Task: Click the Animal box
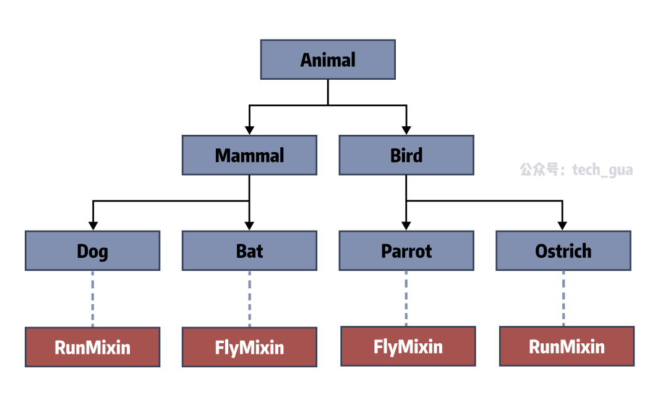pos(328,59)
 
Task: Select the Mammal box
pos(250,155)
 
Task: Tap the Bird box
pos(406,155)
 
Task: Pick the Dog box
pos(92,251)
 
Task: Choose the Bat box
pos(250,251)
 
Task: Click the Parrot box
pos(406,251)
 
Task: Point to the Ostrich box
pos(563,251)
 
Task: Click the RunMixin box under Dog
pos(92,347)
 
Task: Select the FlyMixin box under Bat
pos(250,347)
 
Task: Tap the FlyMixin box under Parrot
pos(408,346)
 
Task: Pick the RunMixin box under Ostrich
pos(567,346)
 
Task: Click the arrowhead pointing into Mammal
pos(250,130)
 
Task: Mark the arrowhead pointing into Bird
pos(406,130)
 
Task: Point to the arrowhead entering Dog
pos(93,226)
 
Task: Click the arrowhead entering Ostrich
pos(562,226)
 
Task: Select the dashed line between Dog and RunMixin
pos(92,299)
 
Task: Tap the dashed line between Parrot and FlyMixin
pos(406,299)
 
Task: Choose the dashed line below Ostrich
pos(563,299)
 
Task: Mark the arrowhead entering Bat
pos(250,226)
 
